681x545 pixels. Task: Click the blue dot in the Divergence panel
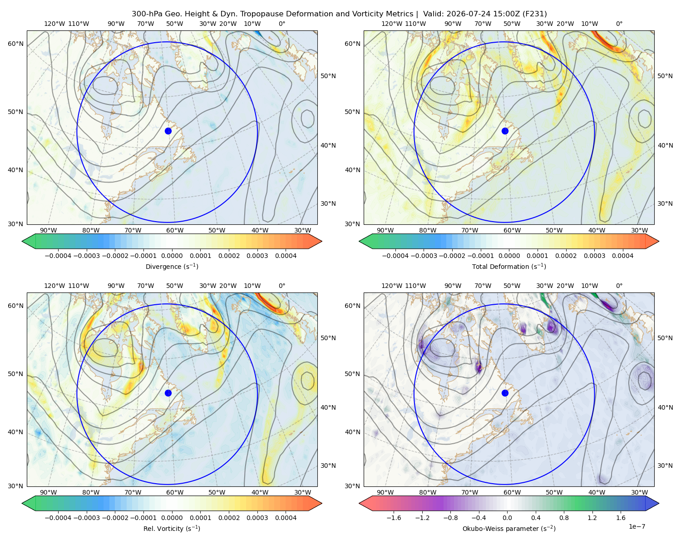pos(168,131)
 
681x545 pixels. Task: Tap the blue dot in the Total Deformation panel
pos(505,131)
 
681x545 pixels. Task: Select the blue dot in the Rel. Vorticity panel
pos(168,393)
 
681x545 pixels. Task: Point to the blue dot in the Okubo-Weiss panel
pos(505,393)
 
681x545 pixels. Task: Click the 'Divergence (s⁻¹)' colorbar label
pos(172,266)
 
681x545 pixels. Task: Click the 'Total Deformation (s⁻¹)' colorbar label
pos(509,266)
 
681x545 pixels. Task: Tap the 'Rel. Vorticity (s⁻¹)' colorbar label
pos(172,528)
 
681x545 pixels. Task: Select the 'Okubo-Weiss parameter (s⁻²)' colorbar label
pos(509,528)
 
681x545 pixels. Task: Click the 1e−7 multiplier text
pos(637,526)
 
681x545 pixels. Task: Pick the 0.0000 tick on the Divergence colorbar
pos(172,256)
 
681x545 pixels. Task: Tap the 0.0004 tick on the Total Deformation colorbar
pos(622,256)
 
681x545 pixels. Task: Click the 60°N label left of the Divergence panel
pos(15,44)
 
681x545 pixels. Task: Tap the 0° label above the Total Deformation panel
pos(619,24)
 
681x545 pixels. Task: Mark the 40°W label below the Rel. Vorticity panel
pos(260,492)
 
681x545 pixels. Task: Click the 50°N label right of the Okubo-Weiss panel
pos(665,338)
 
